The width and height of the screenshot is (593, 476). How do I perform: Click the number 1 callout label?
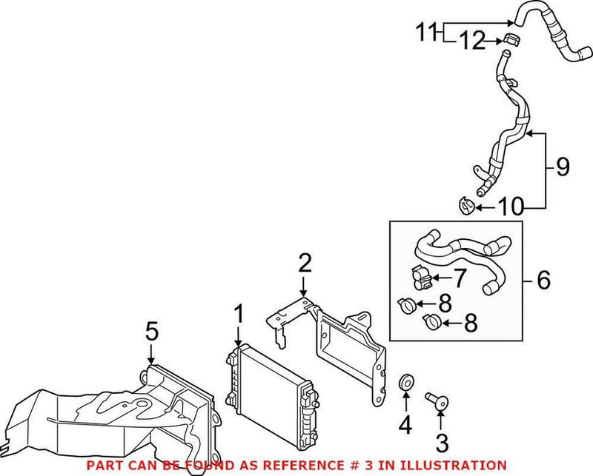[238, 313]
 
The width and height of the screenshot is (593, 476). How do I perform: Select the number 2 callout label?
[304, 262]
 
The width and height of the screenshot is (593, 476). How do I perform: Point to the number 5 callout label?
[151, 331]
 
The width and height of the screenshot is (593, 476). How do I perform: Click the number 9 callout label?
[563, 167]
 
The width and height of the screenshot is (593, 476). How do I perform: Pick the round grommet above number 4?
[406, 383]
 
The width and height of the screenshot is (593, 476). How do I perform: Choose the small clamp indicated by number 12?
[509, 39]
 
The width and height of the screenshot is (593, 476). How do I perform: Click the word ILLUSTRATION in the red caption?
[456, 464]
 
